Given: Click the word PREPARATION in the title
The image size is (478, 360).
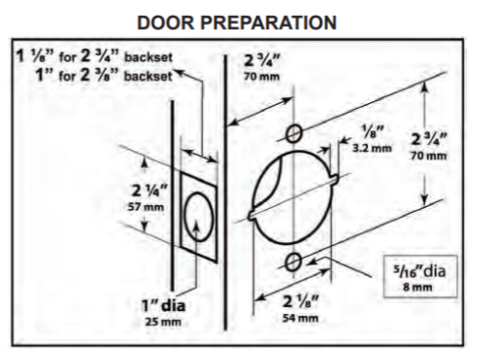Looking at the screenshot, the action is coord(268,23).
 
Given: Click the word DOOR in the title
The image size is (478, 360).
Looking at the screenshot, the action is coord(166,23).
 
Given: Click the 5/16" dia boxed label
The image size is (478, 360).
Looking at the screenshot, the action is coord(420,277).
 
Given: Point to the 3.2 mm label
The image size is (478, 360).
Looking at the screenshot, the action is coord(372,148).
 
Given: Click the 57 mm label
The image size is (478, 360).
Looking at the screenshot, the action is coord(145,207).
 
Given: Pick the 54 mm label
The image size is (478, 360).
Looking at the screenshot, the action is coord(300,318).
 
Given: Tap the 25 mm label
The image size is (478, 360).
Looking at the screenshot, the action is coord(163,322).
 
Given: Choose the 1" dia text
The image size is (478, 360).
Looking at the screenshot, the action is coord(163,306).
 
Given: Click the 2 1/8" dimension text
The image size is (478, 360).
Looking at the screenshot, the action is coord(300,302).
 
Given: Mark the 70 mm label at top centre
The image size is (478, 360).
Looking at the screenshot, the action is coord(261,77).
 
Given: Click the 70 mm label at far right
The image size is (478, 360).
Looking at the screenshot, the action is coord(429,156).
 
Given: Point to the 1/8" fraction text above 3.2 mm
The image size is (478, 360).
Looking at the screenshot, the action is coord(373,132).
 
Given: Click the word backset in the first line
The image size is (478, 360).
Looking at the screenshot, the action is coord(148,57).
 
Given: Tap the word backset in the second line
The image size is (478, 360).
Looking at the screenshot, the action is coord(148,77).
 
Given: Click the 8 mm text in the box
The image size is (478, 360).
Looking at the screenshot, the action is coord(417,287).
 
